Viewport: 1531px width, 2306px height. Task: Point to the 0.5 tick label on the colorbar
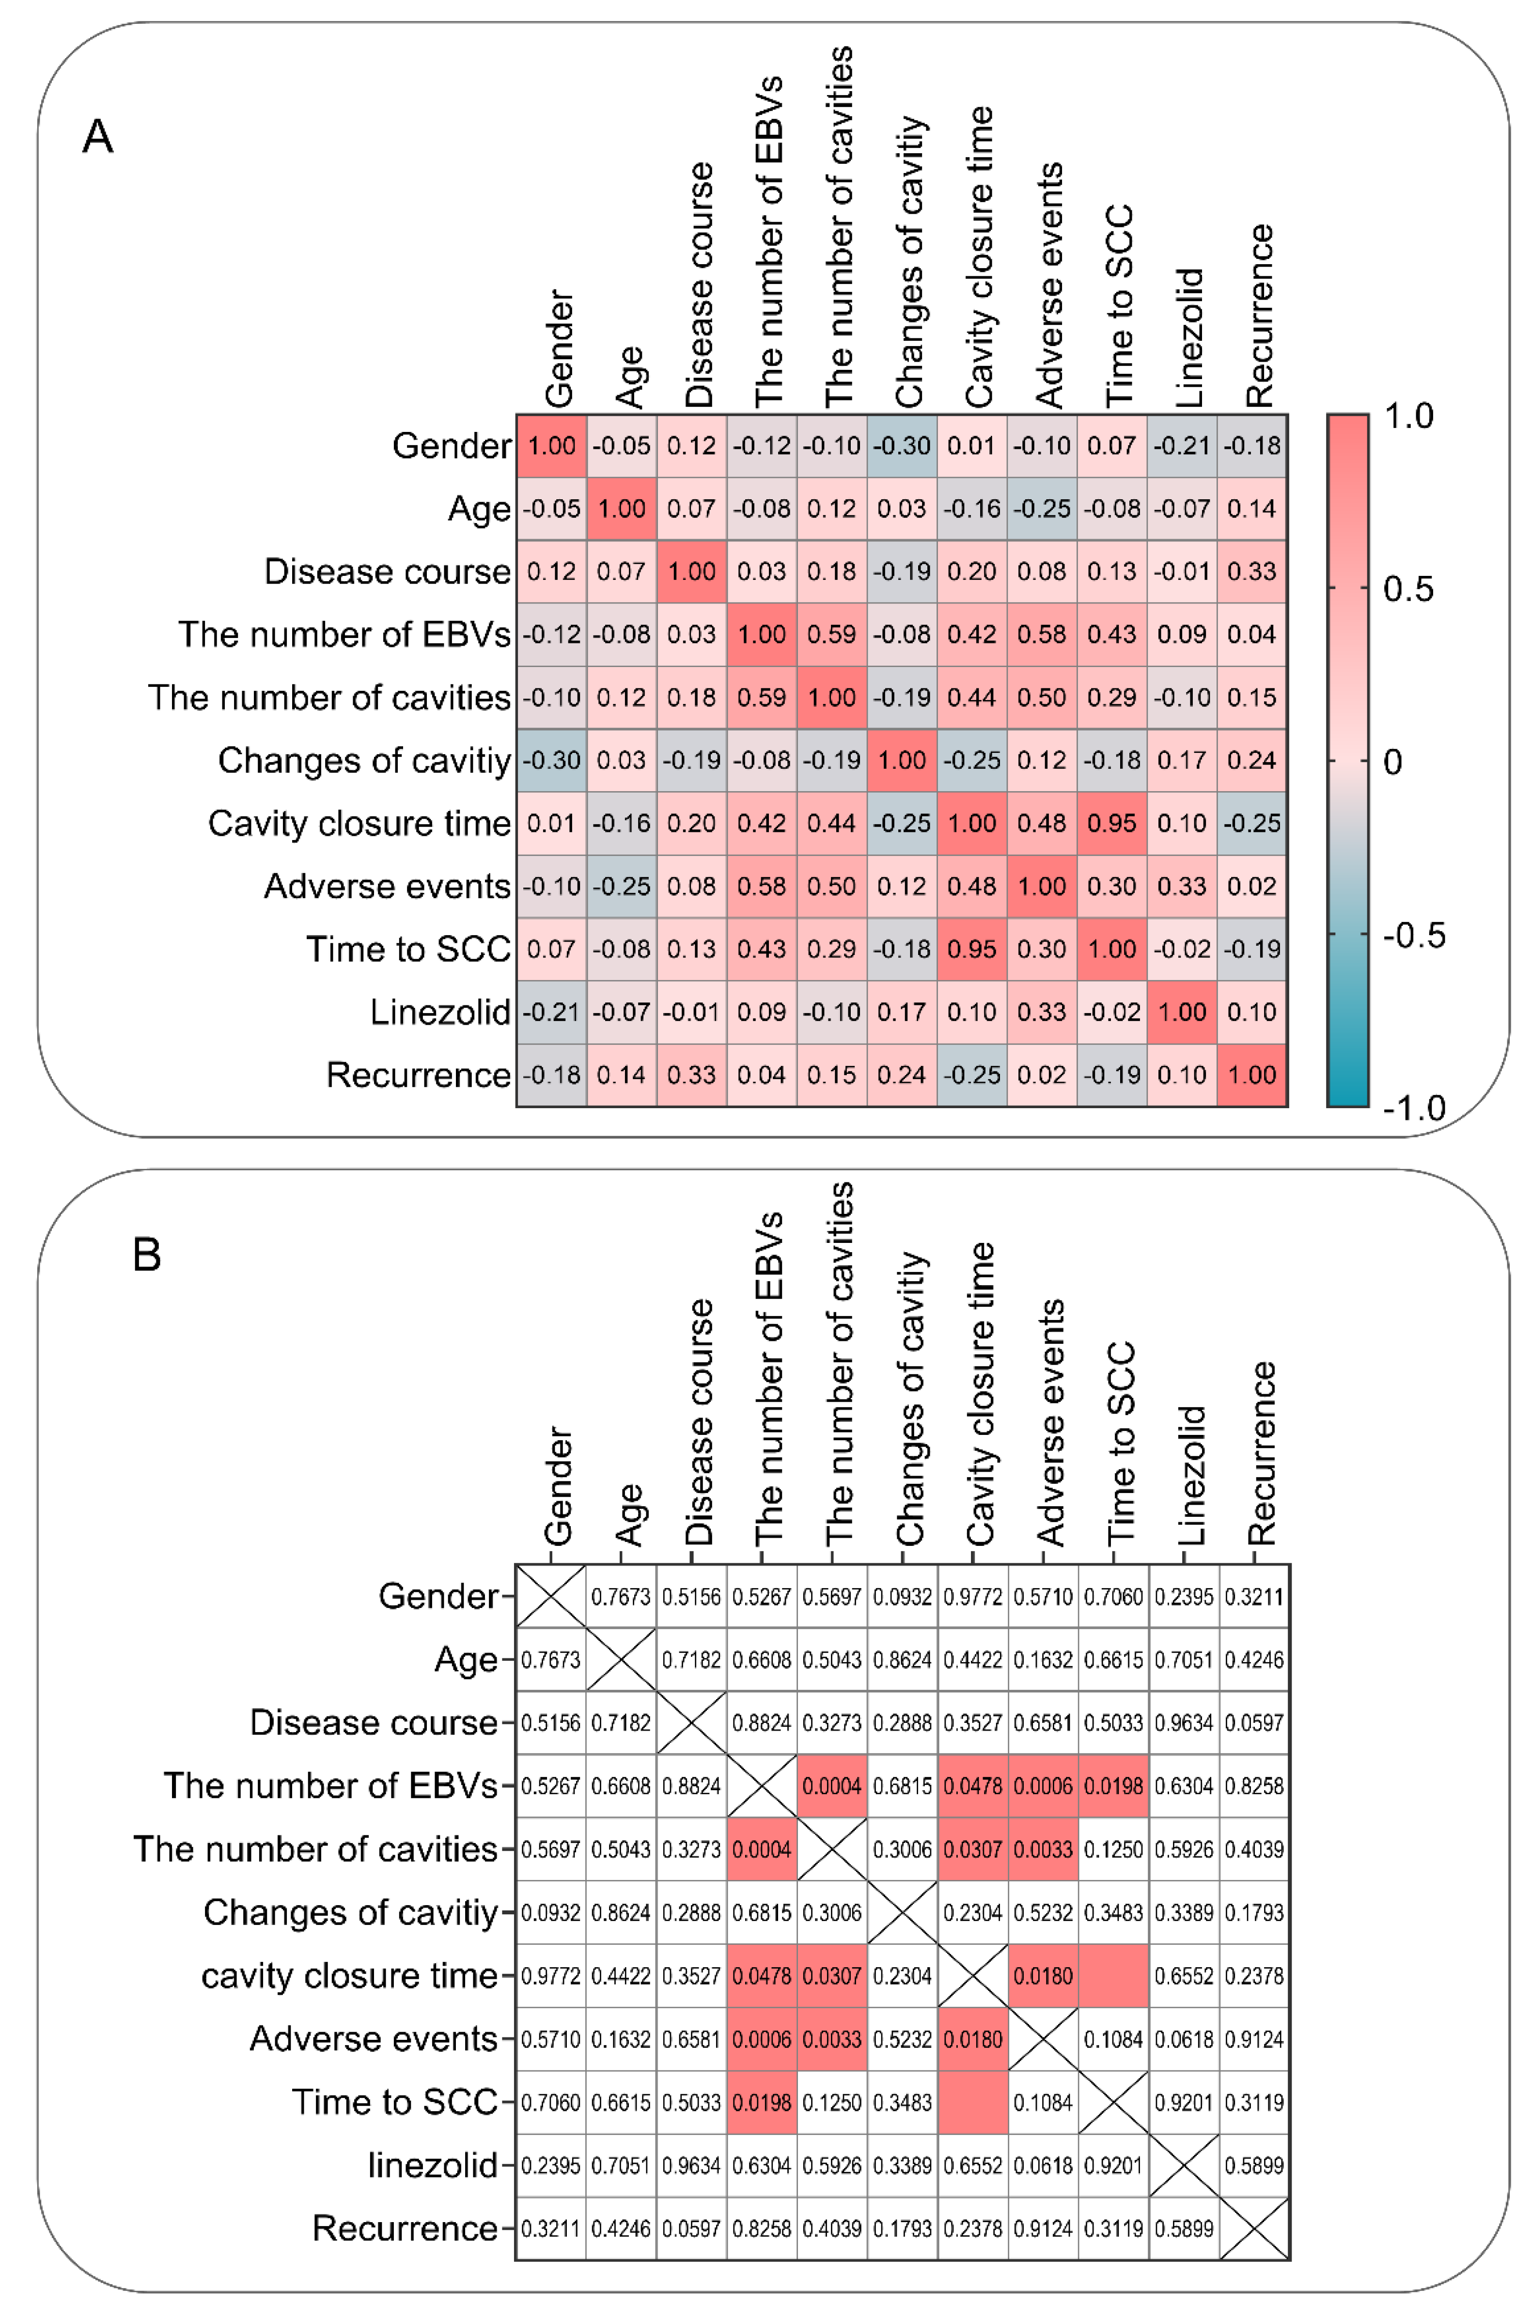pos(1408,589)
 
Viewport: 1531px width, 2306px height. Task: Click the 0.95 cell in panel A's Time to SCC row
pos(971,948)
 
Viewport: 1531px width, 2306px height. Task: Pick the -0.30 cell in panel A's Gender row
pos(901,445)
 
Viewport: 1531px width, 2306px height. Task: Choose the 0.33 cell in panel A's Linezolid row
pos(1042,1012)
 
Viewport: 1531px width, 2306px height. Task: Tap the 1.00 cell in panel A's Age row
pos(621,508)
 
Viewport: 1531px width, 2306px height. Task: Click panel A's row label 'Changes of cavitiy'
pos(363,760)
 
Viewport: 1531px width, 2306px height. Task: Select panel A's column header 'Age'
pos(630,376)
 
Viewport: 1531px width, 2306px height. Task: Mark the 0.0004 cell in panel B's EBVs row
pos(832,1785)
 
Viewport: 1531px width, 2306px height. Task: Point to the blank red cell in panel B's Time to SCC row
pos(972,2102)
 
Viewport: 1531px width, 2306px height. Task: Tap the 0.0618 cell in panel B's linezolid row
pos(1043,2165)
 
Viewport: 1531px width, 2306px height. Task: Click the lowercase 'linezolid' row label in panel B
pos(433,2165)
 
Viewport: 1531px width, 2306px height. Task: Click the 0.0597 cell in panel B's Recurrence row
pos(691,2229)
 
